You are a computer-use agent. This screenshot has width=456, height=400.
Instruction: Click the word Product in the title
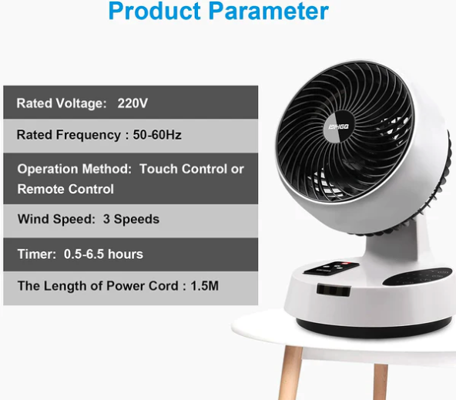[154, 11]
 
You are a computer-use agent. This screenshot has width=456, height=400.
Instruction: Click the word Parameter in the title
[268, 11]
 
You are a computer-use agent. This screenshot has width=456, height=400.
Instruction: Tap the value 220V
[132, 103]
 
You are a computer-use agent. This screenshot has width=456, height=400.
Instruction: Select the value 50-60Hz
[157, 135]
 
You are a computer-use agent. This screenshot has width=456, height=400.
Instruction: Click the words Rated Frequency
[69, 135]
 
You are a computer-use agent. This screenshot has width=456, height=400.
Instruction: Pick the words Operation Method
[75, 169]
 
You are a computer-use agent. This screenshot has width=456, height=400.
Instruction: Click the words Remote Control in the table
[65, 189]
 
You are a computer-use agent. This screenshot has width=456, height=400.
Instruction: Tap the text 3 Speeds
[131, 219]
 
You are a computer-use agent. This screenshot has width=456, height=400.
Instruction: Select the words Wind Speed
[56, 219]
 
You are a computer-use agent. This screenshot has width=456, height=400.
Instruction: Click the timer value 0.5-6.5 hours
[103, 254]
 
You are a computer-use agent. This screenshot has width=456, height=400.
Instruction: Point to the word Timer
[37, 254]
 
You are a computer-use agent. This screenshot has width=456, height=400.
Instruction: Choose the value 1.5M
[204, 286]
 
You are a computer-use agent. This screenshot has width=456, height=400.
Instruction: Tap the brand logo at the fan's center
[339, 127]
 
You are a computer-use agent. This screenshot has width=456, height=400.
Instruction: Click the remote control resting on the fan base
[331, 268]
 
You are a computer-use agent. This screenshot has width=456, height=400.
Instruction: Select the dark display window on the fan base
[334, 290]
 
